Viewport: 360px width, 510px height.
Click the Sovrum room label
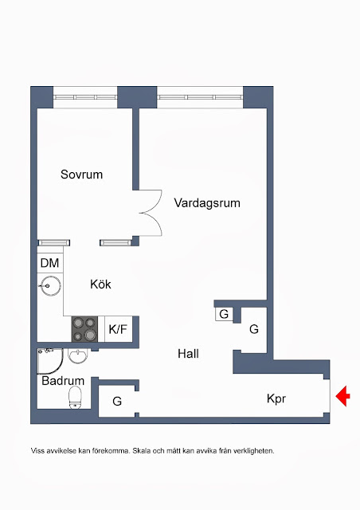click(81, 175)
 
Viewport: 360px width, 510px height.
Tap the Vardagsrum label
click(207, 203)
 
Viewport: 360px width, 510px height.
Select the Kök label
click(100, 284)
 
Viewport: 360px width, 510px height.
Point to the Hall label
click(188, 354)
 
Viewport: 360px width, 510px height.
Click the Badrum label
click(63, 381)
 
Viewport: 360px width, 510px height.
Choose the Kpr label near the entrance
click(276, 398)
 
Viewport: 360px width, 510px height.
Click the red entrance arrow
click(342, 396)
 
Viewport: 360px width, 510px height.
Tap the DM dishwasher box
click(50, 263)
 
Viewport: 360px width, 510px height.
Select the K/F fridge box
click(118, 329)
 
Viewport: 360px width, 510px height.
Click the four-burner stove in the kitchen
click(84, 329)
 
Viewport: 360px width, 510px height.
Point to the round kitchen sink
click(50, 285)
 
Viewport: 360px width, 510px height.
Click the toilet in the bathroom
click(75, 397)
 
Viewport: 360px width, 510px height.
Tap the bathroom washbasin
click(78, 356)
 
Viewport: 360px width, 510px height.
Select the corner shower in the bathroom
click(49, 361)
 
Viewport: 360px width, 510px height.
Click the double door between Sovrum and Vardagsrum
click(151, 213)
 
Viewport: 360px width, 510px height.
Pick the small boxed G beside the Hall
click(224, 314)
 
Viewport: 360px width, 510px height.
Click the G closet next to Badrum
click(117, 401)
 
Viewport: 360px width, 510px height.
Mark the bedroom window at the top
click(85, 97)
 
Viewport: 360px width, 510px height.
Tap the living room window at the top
click(200, 97)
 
